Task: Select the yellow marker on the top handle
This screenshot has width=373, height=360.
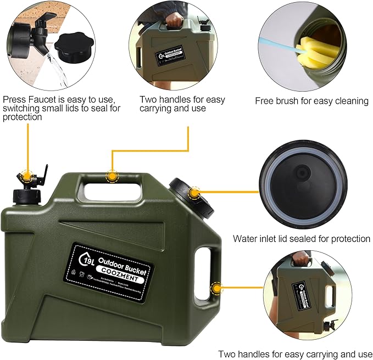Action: point(113,176)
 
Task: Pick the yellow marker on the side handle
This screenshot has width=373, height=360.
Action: point(217,288)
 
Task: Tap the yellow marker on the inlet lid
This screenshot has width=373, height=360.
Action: point(193,192)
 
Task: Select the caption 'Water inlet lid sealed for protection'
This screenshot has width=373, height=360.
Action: point(301,239)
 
